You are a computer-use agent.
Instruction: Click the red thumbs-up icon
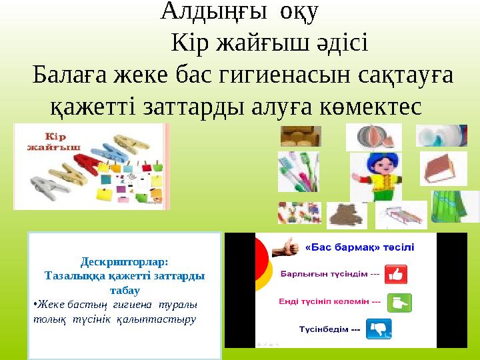pos(396,274)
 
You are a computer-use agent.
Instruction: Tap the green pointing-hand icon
pos(399,302)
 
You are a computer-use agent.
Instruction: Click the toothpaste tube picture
pos(441,135)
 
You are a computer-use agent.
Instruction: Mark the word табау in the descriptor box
pos(124,290)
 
